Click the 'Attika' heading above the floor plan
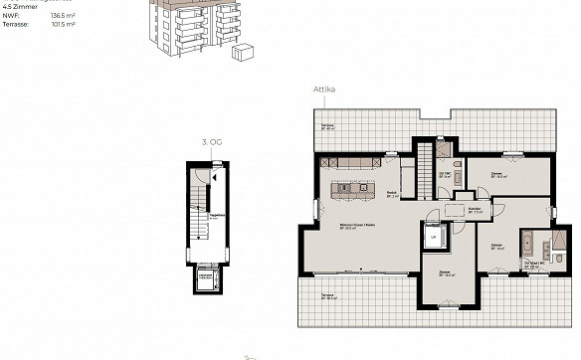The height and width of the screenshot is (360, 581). pyautogui.click(x=324, y=89)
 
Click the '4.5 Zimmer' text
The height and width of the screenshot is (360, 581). pyautogui.click(x=20, y=6)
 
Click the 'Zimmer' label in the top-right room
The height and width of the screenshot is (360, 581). pyautogui.click(x=496, y=175)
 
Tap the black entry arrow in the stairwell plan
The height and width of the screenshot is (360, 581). pyautogui.click(x=198, y=178)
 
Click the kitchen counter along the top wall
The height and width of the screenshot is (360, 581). pyautogui.click(x=353, y=162)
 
